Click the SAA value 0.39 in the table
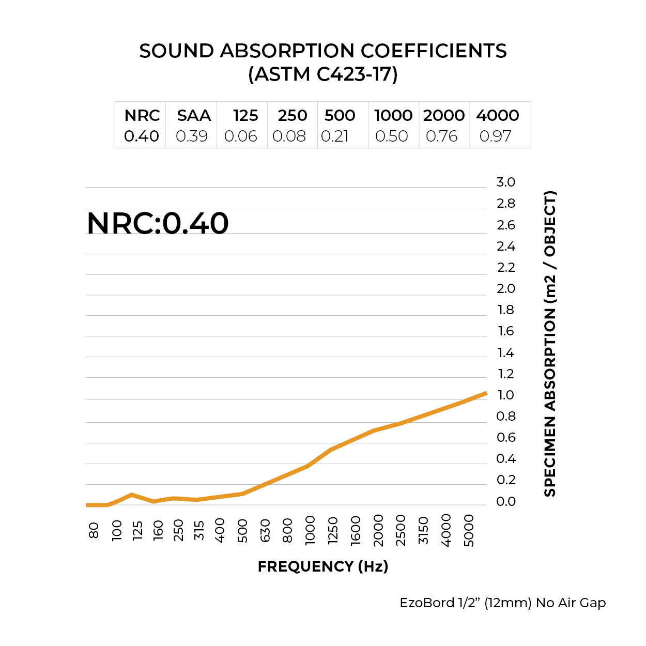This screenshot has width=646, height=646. [x=192, y=136]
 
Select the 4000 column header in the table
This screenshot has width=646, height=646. [x=497, y=115]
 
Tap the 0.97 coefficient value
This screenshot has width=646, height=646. [x=495, y=136]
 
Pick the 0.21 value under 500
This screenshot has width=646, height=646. [x=335, y=136]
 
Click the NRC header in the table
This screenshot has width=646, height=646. [x=142, y=115]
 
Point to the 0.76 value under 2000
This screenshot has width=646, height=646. [x=442, y=136]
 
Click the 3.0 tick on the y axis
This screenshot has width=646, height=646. [x=505, y=182]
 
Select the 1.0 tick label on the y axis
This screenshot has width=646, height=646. [x=505, y=395]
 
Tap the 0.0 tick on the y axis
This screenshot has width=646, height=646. [x=505, y=501]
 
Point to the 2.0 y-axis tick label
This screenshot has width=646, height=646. [x=505, y=288]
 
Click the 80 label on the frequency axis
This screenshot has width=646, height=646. [x=94, y=530]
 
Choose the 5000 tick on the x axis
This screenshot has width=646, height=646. [x=469, y=530]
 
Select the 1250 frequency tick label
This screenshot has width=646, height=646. [x=333, y=530]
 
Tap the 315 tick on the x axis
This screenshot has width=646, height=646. [x=199, y=530]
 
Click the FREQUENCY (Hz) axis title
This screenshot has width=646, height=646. [x=323, y=566]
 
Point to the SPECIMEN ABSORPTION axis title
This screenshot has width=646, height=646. [x=550, y=344]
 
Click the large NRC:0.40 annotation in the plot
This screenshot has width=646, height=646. [x=158, y=223]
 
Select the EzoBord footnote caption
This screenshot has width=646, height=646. [x=502, y=603]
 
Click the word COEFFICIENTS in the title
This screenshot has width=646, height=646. [x=434, y=51]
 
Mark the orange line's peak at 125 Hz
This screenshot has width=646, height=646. [x=132, y=495]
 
